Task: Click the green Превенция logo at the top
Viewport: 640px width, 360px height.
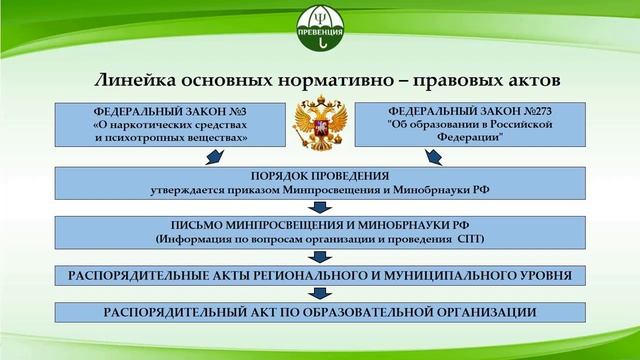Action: (x=320, y=28)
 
